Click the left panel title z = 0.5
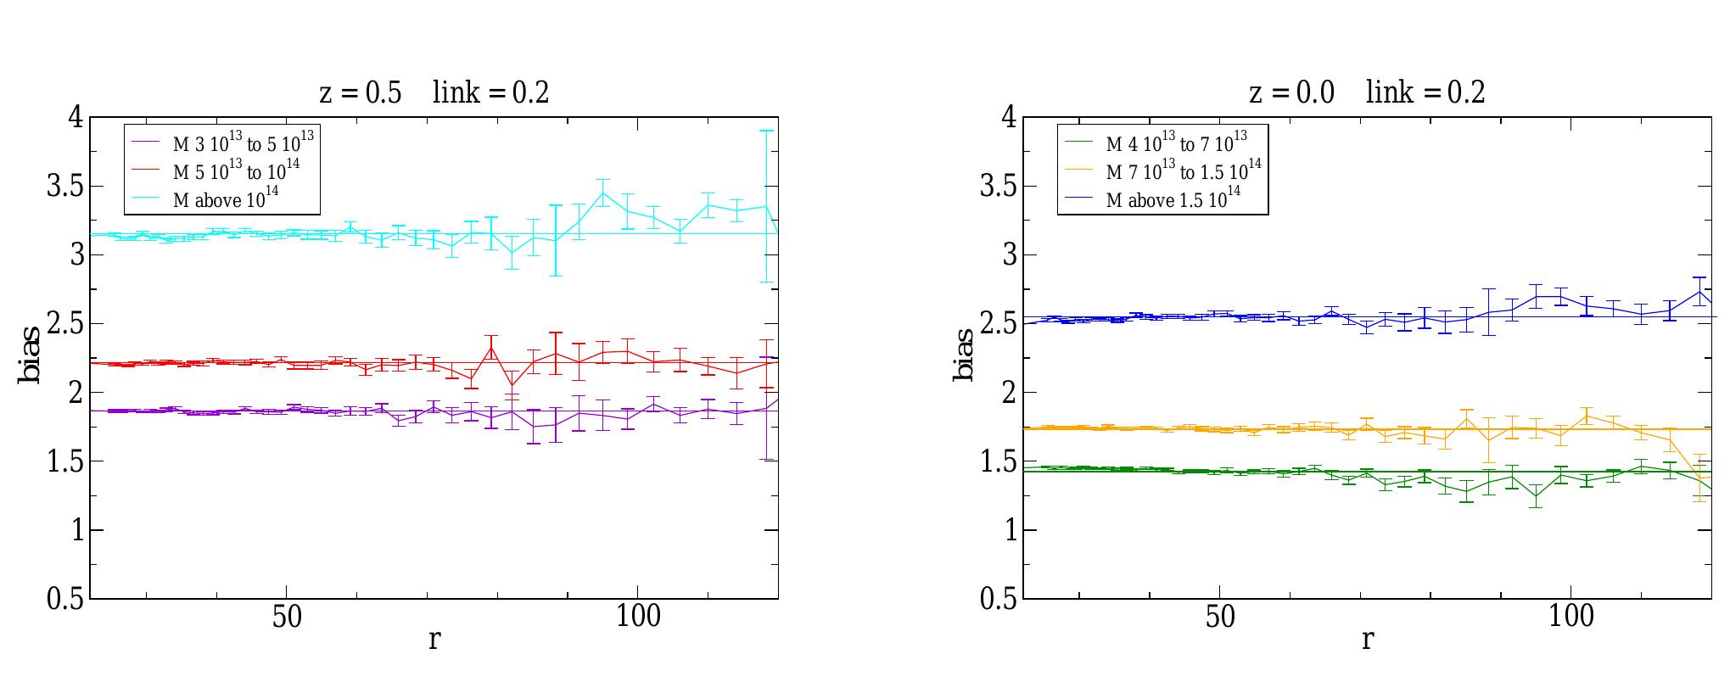click(x=360, y=92)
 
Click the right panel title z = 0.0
click(x=1291, y=92)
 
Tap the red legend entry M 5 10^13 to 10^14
click(x=236, y=170)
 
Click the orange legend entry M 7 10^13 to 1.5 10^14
click(x=1183, y=170)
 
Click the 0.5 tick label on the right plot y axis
click(x=998, y=599)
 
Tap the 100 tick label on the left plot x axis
click(x=638, y=618)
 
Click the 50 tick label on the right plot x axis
click(x=1220, y=618)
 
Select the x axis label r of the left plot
click(x=434, y=640)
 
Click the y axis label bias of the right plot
click(x=964, y=356)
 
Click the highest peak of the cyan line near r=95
click(x=603, y=193)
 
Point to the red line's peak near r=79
click(x=491, y=347)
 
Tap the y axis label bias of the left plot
click(x=31, y=356)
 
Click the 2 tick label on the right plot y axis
click(x=1009, y=393)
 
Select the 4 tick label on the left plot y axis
click(x=76, y=117)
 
